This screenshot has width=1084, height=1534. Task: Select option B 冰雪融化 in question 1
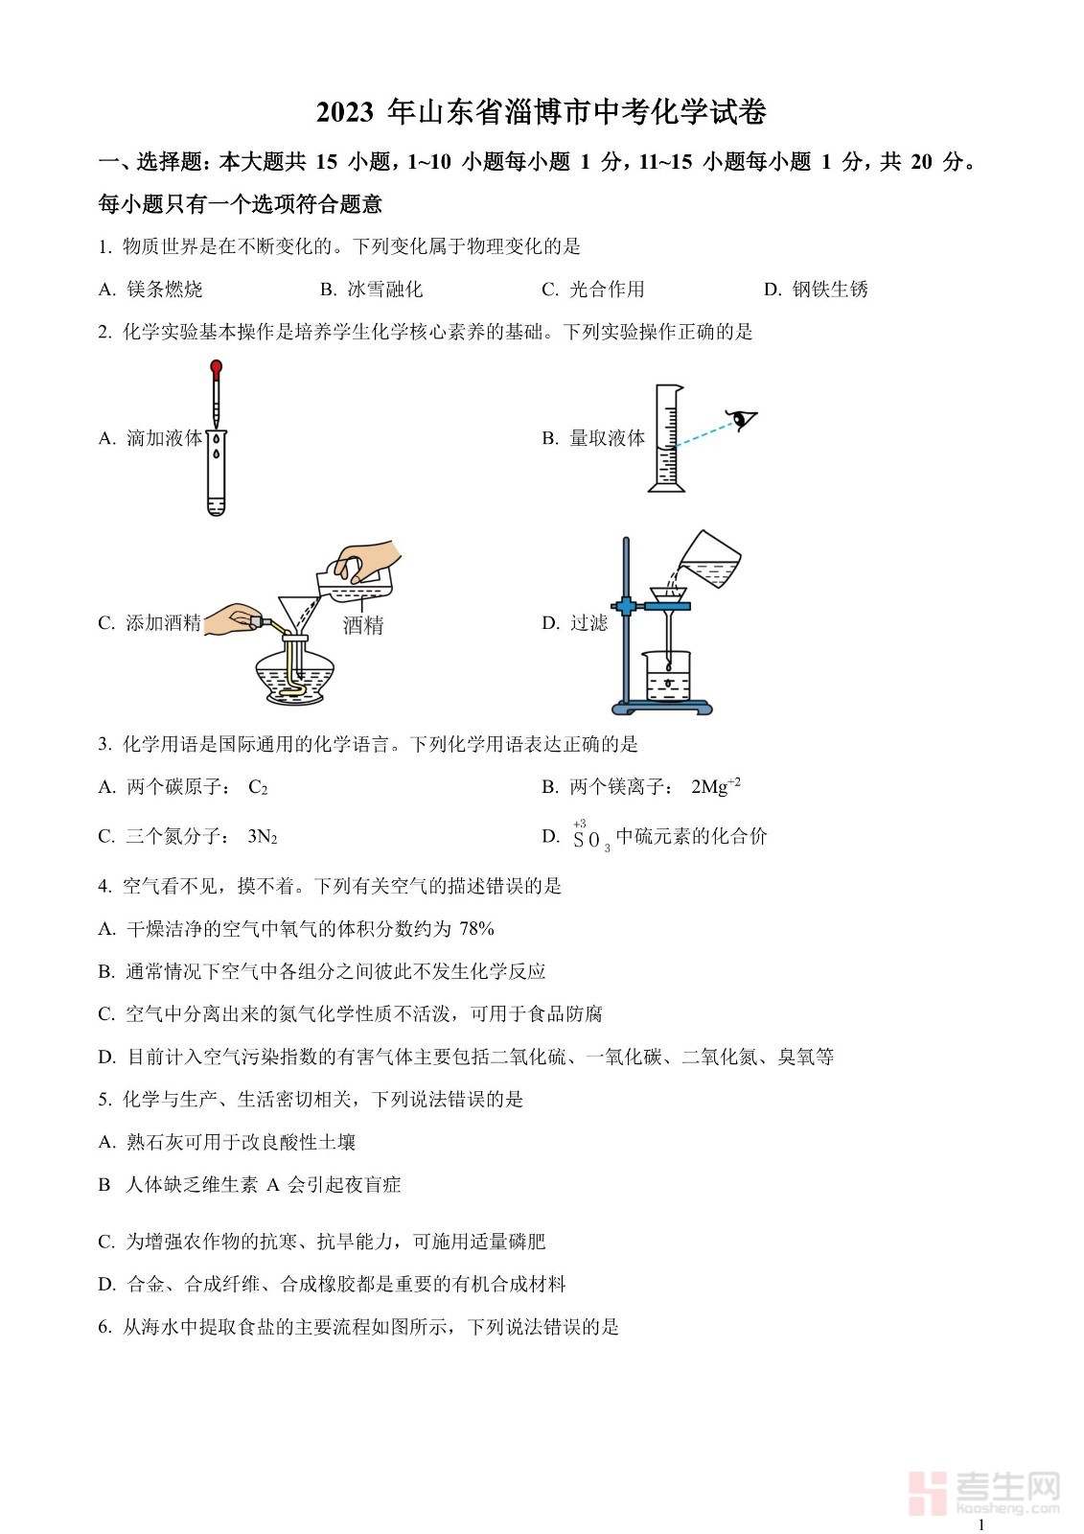pyautogui.click(x=372, y=290)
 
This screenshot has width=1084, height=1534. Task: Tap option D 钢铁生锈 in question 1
pyautogui.click(x=816, y=290)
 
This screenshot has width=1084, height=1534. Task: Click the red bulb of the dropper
pyautogui.click(x=217, y=368)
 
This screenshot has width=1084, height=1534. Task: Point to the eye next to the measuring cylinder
pyautogui.click(x=742, y=417)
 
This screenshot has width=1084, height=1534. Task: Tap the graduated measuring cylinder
pyautogui.click(x=666, y=437)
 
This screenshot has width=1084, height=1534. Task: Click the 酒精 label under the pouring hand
pyautogui.click(x=363, y=624)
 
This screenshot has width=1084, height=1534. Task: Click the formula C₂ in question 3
pyautogui.click(x=258, y=787)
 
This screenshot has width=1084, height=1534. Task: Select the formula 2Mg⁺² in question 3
pyautogui.click(x=716, y=786)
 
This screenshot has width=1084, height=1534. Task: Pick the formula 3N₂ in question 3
pyautogui.click(x=263, y=836)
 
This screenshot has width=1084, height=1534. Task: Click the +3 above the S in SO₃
pyautogui.click(x=579, y=824)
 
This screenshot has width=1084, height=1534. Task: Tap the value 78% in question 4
pyautogui.click(x=476, y=929)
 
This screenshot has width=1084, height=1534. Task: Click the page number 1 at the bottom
pyautogui.click(x=982, y=1524)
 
